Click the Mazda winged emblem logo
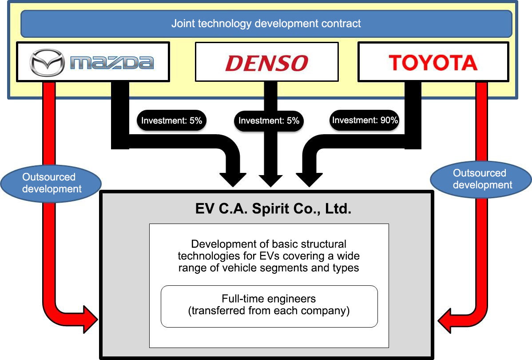(47, 62)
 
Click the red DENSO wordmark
(266, 63)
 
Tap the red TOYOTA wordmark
(433, 63)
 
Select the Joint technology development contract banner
(266, 24)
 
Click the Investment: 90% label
(365, 120)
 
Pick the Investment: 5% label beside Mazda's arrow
(171, 120)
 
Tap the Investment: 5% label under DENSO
(269, 120)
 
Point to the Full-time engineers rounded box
(269, 306)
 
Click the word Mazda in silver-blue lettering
(112, 63)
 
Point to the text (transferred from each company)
(269, 311)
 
